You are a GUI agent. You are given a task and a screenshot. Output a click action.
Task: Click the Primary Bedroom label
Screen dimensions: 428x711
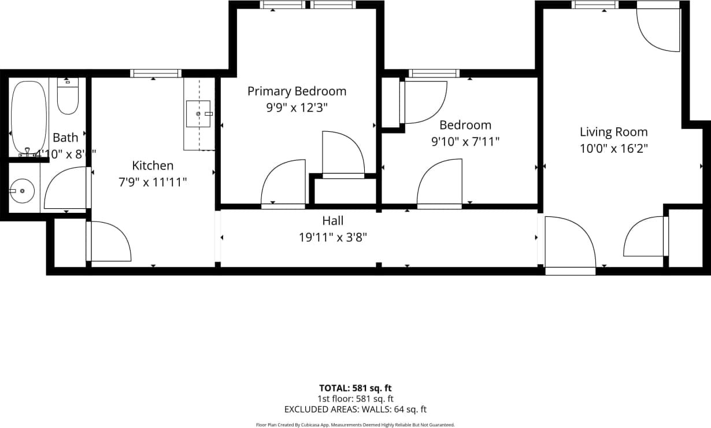coord(297,91)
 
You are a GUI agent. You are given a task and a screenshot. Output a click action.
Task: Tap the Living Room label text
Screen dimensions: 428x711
coord(613,132)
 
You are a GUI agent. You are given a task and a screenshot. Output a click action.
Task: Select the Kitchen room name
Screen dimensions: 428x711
coord(153,165)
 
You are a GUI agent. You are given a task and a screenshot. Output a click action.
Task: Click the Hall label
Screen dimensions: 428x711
coord(332,220)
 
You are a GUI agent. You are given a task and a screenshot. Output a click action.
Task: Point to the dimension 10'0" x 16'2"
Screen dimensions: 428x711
coord(613,148)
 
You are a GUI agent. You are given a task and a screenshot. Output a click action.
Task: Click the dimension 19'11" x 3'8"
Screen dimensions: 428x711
coord(332,237)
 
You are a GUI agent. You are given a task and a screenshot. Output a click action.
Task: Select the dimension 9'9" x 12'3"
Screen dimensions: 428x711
coord(297,108)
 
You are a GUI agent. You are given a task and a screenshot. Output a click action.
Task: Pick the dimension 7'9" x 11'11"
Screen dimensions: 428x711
coord(153,182)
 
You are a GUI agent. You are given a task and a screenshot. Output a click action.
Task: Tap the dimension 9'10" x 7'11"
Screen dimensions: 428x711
coord(465,141)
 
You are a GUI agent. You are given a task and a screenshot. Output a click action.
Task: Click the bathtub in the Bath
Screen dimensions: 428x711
coord(28,117)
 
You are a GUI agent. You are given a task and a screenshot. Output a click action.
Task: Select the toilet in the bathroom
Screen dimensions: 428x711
coord(68,96)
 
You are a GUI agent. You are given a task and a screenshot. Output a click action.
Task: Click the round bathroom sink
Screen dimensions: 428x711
coord(22,190)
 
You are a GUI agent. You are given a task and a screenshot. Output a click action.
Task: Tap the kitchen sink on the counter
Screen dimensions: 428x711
coord(198,113)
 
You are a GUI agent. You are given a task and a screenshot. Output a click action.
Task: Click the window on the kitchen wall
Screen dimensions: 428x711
coord(155,73)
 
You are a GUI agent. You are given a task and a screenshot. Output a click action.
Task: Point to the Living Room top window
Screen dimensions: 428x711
coord(595,5)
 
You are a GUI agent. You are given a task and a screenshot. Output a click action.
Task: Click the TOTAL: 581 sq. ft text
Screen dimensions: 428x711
coord(355,388)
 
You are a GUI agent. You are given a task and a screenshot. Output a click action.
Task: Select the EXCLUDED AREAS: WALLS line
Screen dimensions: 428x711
coord(355,409)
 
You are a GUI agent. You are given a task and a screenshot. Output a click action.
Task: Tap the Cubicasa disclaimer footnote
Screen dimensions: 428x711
coord(355,425)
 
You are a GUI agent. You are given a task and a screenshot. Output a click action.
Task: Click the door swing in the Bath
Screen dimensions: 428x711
coord(66,188)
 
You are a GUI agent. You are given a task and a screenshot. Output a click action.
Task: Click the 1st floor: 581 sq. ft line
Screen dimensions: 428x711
coord(355,399)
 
